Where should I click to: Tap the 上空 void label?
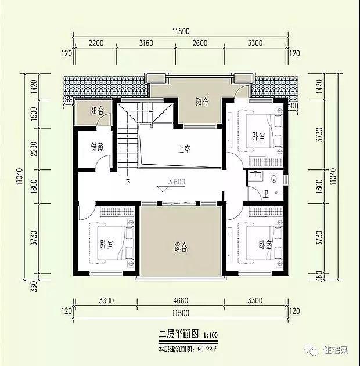click(184, 149)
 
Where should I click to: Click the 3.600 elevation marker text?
click(177, 182)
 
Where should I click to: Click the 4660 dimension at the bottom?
click(181, 301)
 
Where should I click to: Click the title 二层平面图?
click(179, 335)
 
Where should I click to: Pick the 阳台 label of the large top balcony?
click(201, 103)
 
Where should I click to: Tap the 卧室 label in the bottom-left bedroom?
click(106, 244)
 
